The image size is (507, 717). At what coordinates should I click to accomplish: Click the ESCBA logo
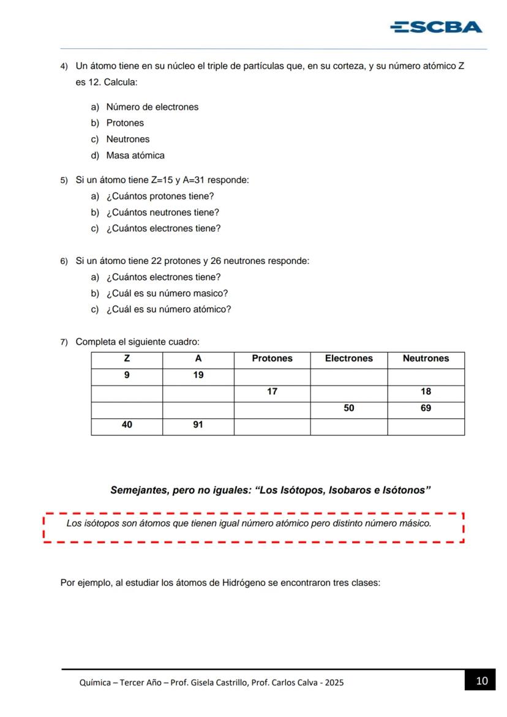pos(436,27)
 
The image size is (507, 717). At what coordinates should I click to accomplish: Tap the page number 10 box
pos(482,681)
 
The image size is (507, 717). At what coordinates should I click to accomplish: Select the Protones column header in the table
pos(272,359)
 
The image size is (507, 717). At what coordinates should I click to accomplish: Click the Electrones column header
pos(348,359)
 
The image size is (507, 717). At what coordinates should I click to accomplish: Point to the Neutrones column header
pos(426,359)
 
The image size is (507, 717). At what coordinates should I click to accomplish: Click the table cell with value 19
pos(198,375)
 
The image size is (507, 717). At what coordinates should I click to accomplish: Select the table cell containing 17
pos(272,392)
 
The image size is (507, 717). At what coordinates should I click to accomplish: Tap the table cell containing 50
pos(348,408)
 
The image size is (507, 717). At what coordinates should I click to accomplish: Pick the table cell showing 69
pos(426,408)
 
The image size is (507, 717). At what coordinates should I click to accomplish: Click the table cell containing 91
pos(198,425)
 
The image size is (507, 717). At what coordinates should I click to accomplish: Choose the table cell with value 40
pos(127,425)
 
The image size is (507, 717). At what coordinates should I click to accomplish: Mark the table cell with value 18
pos(426,392)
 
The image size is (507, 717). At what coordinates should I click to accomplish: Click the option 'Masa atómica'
pos(135,156)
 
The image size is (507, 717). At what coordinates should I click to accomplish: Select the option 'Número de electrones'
pos(152,107)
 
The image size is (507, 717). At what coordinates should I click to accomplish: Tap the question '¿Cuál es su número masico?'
pos(167,293)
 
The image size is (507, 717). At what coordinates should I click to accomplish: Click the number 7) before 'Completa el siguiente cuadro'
pos(64,342)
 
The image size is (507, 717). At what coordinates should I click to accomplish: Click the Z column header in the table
pos(127,359)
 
